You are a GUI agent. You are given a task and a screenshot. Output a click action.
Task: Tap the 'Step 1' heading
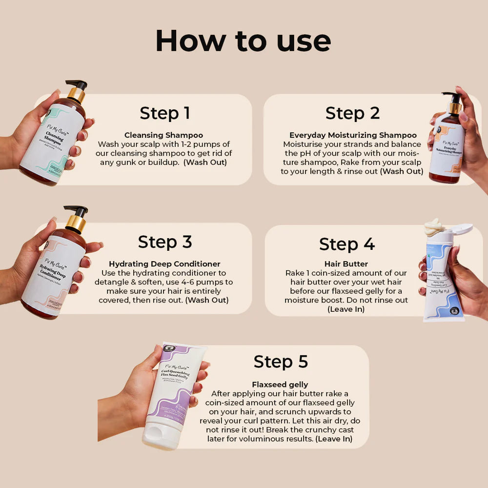[165, 113]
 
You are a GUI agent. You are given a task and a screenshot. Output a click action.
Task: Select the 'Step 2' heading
[352, 113]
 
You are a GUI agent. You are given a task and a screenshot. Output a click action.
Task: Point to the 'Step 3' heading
[165, 242]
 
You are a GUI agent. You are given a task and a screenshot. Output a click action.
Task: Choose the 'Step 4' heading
[346, 244]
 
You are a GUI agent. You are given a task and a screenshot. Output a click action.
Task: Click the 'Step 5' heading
[281, 362]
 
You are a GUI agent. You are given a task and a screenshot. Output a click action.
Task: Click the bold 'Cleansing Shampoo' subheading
[163, 135]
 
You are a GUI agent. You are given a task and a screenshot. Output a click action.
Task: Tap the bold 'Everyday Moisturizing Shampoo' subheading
[353, 135]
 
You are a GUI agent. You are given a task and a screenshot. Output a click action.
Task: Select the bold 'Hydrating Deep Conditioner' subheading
[164, 264]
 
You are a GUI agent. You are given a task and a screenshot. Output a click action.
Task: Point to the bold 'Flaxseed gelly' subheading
[280, 385]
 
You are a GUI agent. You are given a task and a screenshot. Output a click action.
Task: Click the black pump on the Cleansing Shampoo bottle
[78, 85]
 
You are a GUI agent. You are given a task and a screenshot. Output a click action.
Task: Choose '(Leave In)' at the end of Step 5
[333, 439]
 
